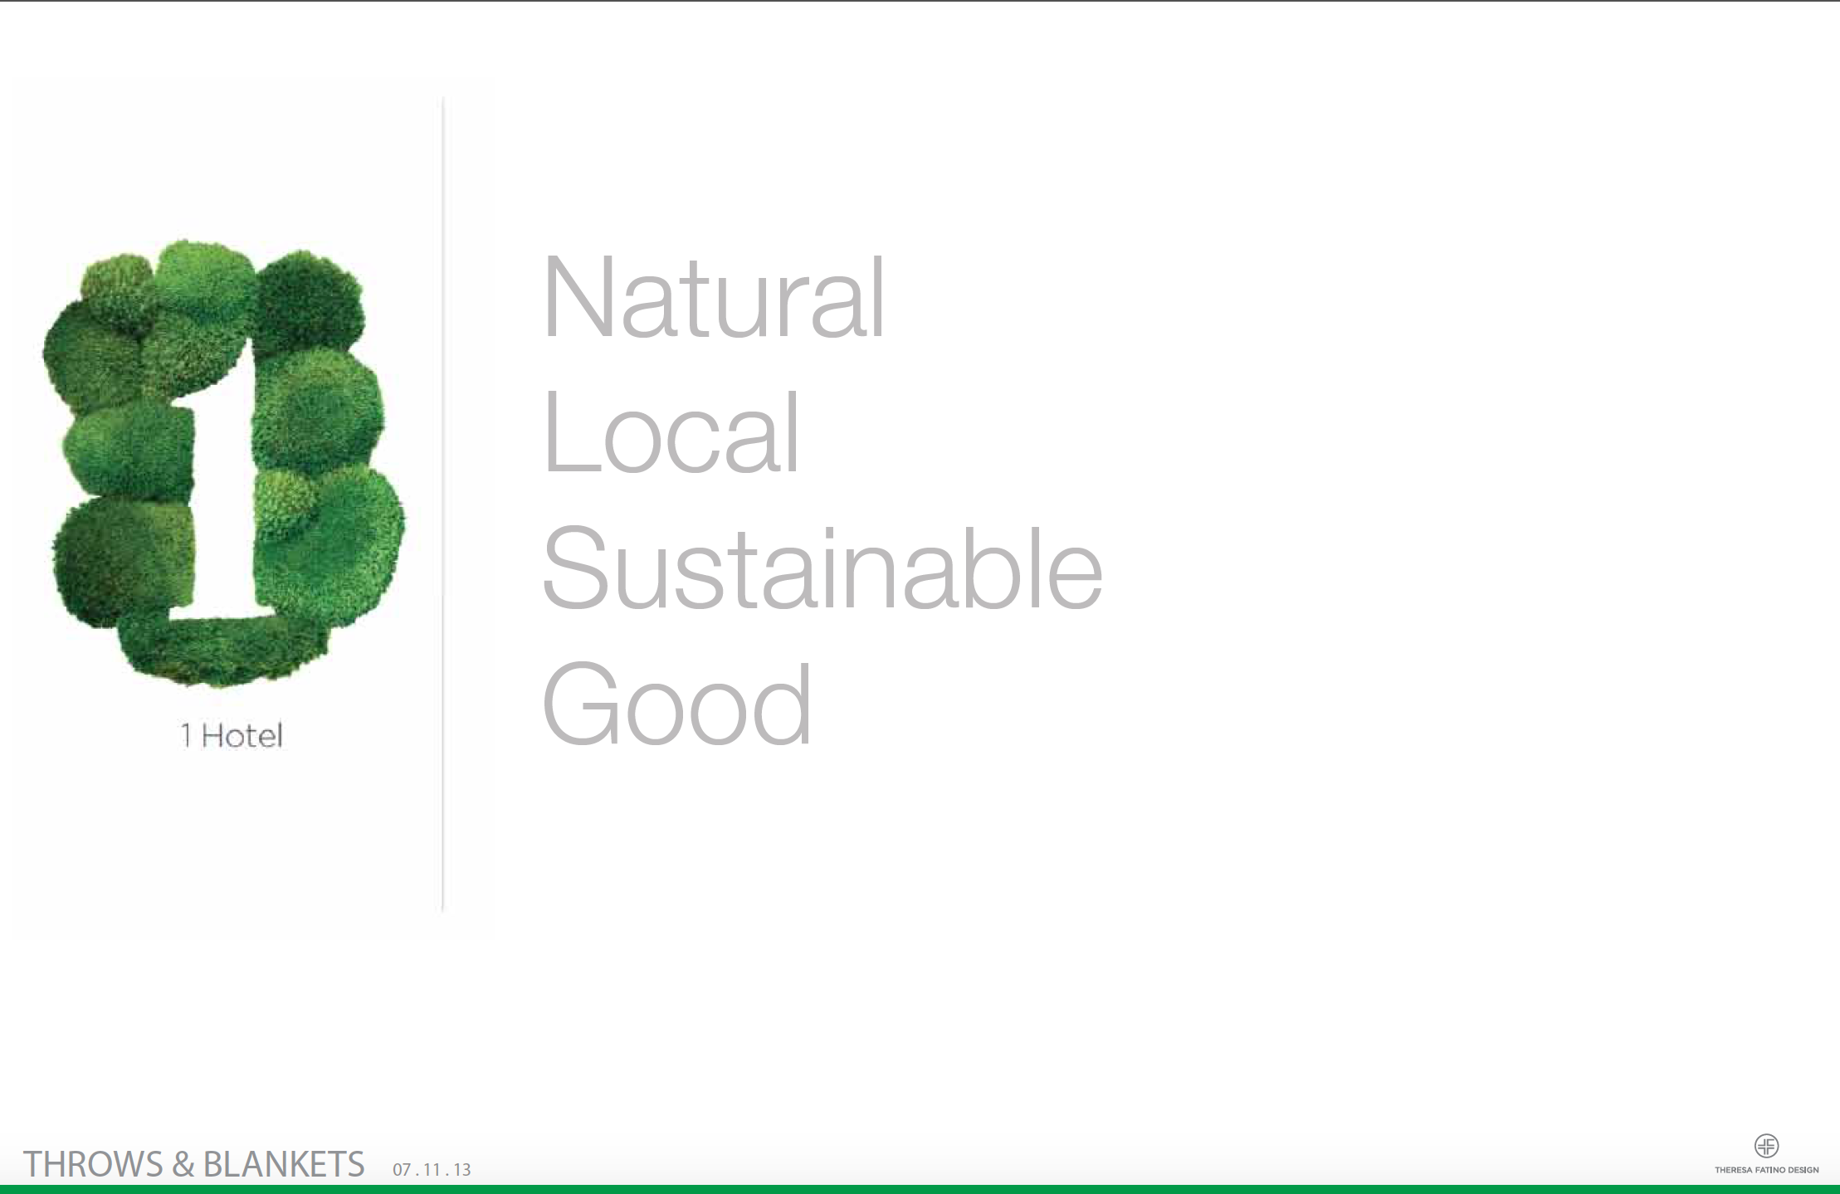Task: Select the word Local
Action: tap(671, 433)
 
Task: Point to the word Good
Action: tap(676, 704)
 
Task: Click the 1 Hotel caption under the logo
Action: tap(232, 735)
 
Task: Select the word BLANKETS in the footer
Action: tap(284, 1164)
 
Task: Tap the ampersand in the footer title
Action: tap(183, 1164)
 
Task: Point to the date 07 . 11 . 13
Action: tap(432, 1170)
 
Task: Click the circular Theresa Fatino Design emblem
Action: tap(1766, 1146)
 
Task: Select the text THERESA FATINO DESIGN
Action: tap(1766, 1170)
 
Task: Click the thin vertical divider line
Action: tap(443, 498)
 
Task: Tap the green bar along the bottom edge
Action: tap(920, 1189)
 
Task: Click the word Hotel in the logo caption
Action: tap(242, 735)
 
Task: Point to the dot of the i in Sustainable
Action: tap(829, 532)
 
